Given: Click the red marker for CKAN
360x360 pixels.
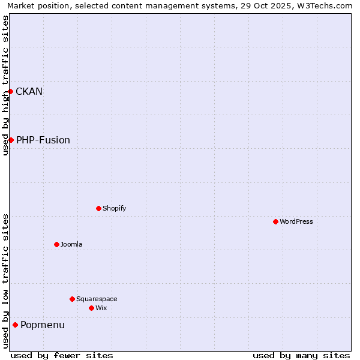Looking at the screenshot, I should tap(11, 91).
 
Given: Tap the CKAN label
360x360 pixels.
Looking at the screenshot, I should tap(29, 91).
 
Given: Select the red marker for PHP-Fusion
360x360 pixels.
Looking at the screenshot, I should tap(11, 140).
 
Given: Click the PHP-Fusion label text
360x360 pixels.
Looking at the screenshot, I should tap(43, 140).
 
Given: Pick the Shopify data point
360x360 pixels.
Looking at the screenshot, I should tap(98, 208).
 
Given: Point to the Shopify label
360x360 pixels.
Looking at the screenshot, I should tap(114, 208).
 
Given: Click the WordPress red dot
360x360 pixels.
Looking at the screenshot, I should tap(275, 221).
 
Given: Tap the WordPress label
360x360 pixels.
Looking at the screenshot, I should tap(296, 221).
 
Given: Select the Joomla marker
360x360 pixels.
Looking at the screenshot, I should tap(56, 244).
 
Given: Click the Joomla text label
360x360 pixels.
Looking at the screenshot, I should tap(71, 244).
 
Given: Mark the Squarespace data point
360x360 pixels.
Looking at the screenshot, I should tap(72, 299).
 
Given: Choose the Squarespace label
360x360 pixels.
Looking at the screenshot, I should tap(97, 299).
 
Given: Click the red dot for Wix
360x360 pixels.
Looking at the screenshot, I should tap(91, 308).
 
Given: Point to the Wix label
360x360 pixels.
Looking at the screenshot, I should tap(101, 308).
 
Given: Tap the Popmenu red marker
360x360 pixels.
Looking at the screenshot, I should tap(15, 325).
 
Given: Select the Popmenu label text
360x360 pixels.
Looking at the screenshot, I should tap(42, 325).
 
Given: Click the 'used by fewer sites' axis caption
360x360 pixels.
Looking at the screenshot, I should tap(62, 355).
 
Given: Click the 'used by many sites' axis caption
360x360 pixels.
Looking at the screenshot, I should tap(301, 355).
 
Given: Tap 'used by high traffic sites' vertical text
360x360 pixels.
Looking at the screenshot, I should tap(5, 85).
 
